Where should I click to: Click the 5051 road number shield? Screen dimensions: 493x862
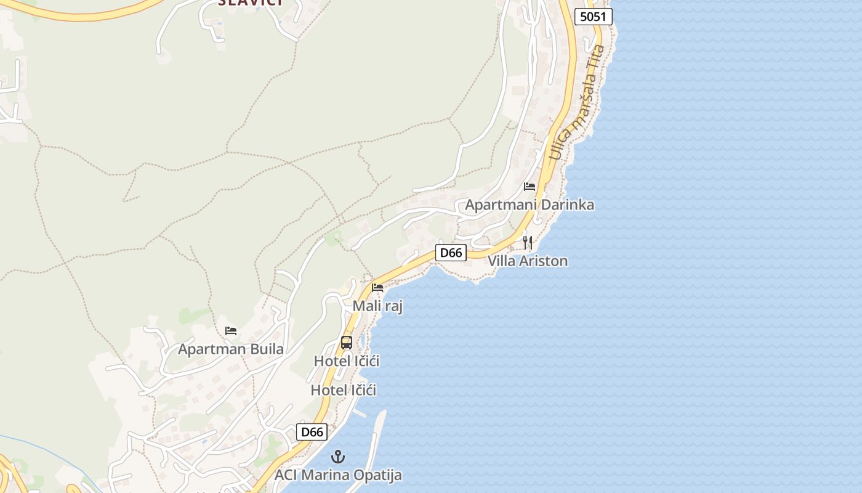coord(594,17)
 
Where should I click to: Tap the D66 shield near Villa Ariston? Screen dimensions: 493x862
coord(451,253)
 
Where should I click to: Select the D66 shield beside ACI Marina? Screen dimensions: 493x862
coord(312,432)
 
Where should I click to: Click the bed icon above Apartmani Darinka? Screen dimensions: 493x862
coord(530,187)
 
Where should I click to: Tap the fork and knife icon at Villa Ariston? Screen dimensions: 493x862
coord(528,243)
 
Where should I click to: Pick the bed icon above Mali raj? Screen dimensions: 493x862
coord(377,288)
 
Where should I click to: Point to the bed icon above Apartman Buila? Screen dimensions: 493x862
coord(231,331)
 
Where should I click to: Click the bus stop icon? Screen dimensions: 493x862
coord(347,343)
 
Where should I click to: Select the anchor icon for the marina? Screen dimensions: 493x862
coord(337,457)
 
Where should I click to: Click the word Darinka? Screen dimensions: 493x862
coord(569,205)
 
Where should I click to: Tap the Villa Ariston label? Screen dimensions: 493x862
coord(528,261)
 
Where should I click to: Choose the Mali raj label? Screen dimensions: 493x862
coord(377,306)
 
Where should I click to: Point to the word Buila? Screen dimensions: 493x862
coord(267,349)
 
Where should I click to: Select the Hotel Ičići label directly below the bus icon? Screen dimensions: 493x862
coord(347,361)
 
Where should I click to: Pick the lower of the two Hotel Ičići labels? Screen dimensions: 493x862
coord(343,390)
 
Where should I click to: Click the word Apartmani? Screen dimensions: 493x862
coord(499,205)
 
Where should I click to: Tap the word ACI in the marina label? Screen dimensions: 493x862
coord(287,475)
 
